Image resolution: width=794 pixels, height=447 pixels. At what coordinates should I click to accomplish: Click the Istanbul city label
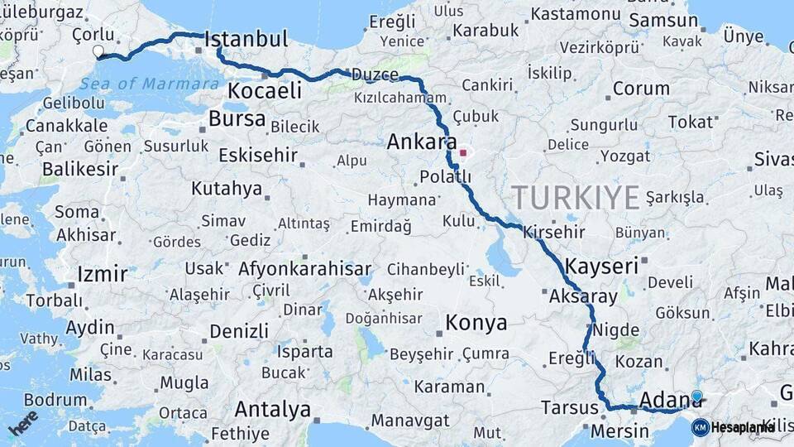pos(246,39)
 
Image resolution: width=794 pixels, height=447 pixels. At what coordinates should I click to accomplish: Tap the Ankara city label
pos(422,142)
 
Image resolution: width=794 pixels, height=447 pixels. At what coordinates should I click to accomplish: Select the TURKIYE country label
pos(576,197)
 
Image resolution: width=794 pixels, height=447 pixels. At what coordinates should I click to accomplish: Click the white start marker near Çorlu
pos(98,51)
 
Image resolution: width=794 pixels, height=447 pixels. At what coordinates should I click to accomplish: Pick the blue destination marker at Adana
pos(696,397)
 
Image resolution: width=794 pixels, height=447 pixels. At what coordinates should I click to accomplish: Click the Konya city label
pos(476,323)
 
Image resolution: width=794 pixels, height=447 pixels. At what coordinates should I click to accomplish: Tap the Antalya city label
pos(272,409)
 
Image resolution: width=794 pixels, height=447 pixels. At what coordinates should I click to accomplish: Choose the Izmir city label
pos(102,274)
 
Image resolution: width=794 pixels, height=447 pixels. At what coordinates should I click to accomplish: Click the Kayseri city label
pos(602,266)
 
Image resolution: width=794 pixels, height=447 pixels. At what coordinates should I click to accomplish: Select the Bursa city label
pos(237,119)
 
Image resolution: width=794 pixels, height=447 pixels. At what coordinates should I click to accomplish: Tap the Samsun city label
pos(663,22)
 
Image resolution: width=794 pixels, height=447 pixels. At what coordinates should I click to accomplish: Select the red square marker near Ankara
pos(463,152)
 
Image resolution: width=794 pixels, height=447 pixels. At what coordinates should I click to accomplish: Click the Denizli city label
pos(238,331)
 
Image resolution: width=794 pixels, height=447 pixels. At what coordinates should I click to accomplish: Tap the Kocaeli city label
pos(265,91)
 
